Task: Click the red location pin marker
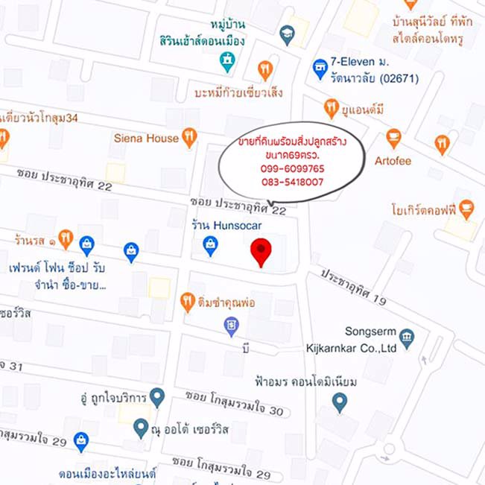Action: pos(261,251)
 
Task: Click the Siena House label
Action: pos(146,138)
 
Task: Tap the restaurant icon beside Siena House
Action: pos(189,137)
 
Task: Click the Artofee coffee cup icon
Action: pos(393,138)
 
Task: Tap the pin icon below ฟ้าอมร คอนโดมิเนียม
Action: pos(340,403)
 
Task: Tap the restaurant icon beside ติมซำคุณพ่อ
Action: pos(187,302)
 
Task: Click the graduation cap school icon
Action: pos(287,32)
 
